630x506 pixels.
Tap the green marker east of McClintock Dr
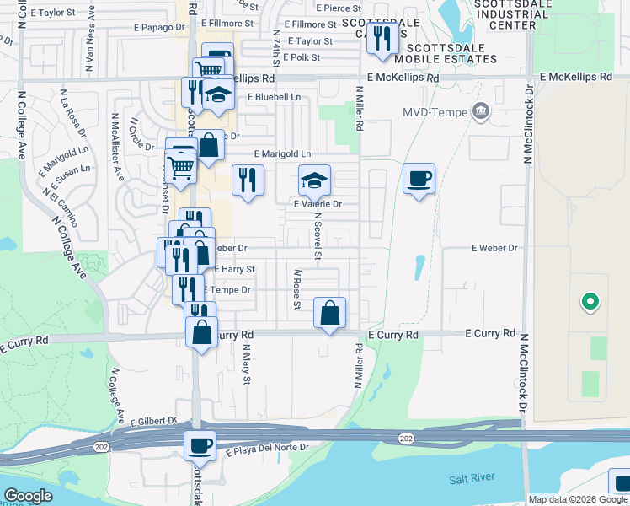click(590, 301)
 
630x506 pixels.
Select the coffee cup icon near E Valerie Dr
click(419, 179)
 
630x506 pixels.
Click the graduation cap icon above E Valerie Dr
click(315, 180)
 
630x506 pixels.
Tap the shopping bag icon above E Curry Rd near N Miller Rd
click(329, 313)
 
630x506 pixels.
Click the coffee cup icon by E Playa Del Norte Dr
click(200, 444)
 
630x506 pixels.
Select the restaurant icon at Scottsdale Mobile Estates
click(382, 39)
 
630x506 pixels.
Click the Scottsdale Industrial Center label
click(505, 14)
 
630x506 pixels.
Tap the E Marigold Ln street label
click(282, 154)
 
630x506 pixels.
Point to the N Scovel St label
click(318, 234)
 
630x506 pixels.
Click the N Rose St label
click(297, 289)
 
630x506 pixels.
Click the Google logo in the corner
click(29, 495)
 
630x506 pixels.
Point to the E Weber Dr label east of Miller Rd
click(494, 248)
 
